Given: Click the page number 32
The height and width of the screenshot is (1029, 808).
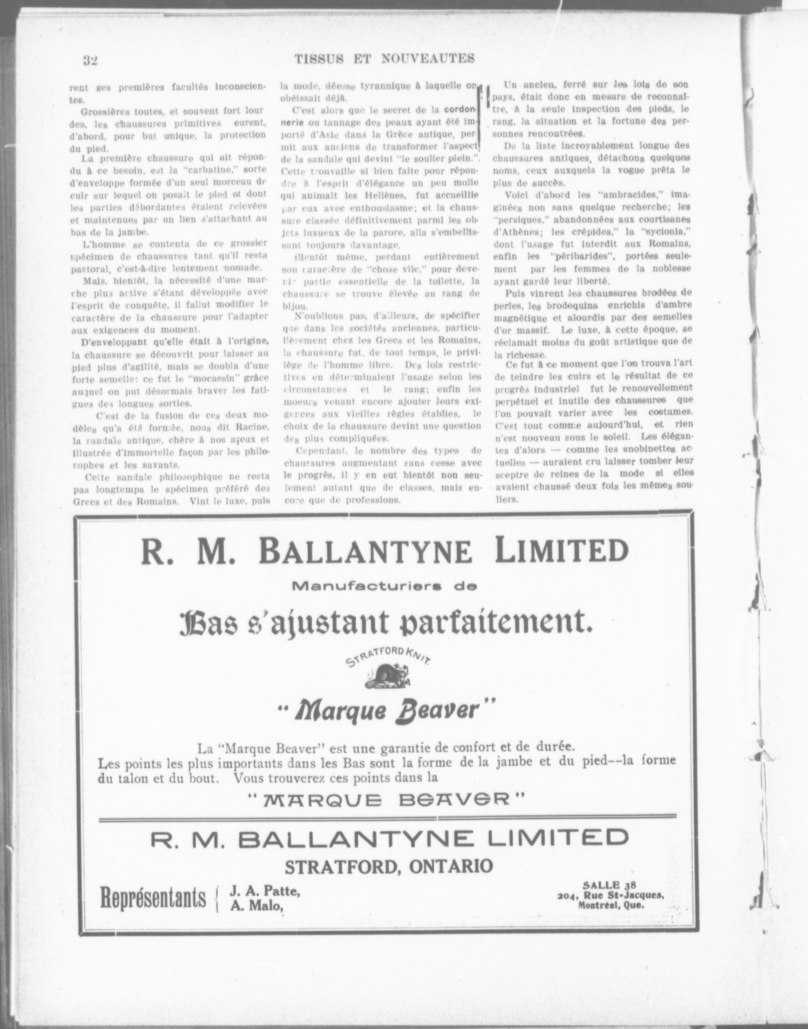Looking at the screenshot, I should pyautogui.click(x=90, y=60).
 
